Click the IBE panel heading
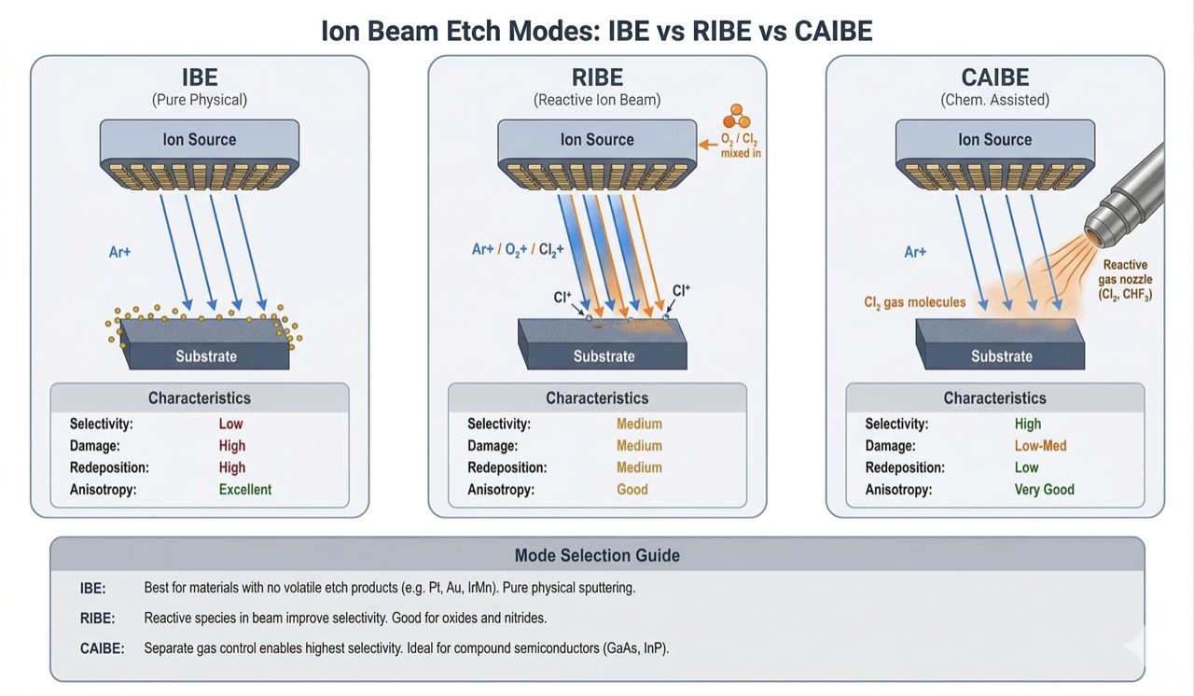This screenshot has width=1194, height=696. (x=200, y=77)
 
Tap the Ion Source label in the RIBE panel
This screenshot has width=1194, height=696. (x=597, y=140)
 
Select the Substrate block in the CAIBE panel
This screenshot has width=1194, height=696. (x=1001, y=345)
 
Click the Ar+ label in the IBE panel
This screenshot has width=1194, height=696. (x=119, y=252)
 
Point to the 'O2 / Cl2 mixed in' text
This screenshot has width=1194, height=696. (x=740, y=146)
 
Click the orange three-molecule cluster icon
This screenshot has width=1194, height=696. (x=737, y=117)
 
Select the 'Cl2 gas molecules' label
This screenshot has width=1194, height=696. (x=914, y=302)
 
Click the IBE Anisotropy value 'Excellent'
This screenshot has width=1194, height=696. (x=245, y=489)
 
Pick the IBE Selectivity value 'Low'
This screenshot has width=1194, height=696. (x=230, y=424)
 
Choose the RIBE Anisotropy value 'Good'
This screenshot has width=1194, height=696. (x=632, y=489)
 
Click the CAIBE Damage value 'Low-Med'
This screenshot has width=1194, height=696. (x=1040, y=446)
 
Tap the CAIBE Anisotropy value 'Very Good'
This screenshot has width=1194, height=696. (x=1044, y=489)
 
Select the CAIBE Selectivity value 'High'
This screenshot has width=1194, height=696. (x=1027, y=424)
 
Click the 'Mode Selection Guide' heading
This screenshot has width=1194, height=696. (x=597, y=555)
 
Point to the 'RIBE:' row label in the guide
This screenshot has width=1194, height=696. (x=98, y=618)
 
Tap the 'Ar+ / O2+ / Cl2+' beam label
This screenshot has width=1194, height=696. (x=519, y=250)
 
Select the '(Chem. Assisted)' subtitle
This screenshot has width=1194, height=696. (x=994, y=100)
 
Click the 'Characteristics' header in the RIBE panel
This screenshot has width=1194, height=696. (x=597, y=398)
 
